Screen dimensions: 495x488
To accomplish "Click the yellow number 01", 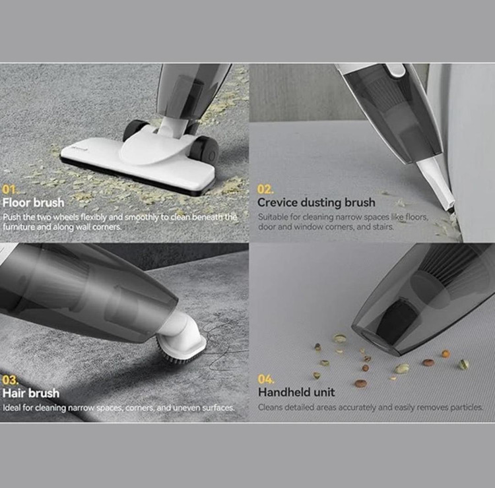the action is (9, 189).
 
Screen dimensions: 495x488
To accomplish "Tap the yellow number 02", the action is (265, 189).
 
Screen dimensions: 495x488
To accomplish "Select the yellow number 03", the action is (10, 380).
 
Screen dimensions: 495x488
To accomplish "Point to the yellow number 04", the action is (265, 379).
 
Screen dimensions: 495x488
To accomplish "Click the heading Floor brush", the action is (34, 202).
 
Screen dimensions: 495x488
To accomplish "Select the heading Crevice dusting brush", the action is (316, 202).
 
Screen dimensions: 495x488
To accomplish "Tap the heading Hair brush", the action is (31, 393).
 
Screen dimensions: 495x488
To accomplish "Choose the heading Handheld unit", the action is (296, 392).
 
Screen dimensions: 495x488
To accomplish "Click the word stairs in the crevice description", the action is (382, 227).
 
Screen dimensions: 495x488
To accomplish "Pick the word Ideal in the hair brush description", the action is (12, 408).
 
